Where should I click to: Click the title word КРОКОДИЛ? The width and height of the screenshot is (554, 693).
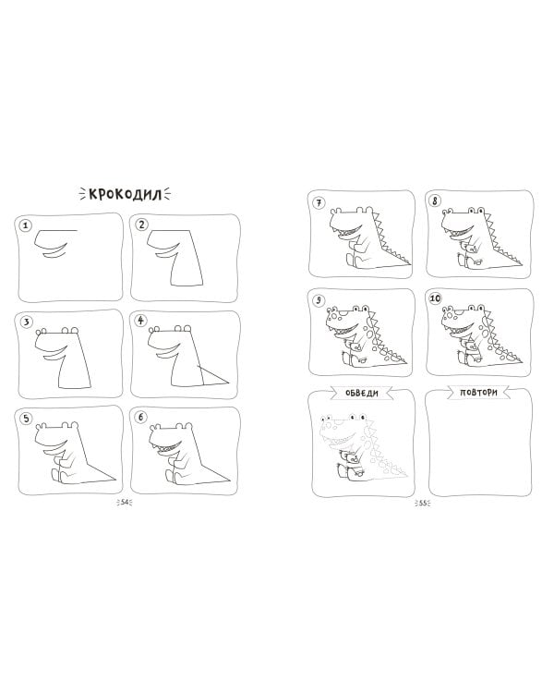[126, 194]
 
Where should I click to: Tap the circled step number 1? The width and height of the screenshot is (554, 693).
[26, 225]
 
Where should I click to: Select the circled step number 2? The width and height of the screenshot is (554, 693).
[141, 225]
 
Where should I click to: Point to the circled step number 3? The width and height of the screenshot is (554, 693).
[26, 322]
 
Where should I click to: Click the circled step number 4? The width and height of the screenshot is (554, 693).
[141, 320]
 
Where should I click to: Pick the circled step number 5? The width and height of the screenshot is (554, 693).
[26, 418]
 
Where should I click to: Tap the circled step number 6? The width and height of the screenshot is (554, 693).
[141, 417]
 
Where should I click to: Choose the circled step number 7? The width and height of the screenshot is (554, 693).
[318, 203]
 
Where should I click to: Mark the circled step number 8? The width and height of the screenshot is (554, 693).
[435, 201]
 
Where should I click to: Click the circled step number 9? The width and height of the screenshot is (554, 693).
[318, 300]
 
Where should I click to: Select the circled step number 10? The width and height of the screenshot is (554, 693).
[435, 298]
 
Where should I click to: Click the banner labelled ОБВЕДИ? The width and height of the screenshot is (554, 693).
[361, 393]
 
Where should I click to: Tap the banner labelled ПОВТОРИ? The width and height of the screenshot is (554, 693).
[478, 392]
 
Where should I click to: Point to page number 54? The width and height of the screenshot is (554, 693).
[125, 502]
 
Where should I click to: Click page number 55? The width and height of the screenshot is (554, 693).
[423, 503]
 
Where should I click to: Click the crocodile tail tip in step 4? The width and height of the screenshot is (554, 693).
[230, 383]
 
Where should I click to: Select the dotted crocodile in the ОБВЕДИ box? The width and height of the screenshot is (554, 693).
[362, 446]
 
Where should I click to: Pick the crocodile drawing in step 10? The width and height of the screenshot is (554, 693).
[480, 334]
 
